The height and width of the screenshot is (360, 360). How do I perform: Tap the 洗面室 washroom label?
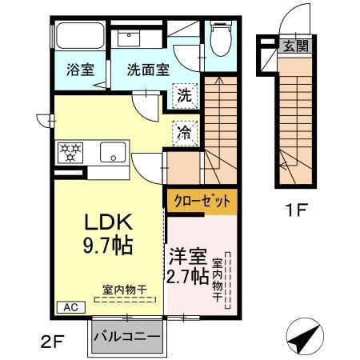(148, 70)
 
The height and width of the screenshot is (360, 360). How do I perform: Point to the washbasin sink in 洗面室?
(129, 37)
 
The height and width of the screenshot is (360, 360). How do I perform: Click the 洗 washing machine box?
(184, 95)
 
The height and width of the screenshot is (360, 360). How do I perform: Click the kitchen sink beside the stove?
(110, 150)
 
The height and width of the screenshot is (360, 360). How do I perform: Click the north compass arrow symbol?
(306, 337)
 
